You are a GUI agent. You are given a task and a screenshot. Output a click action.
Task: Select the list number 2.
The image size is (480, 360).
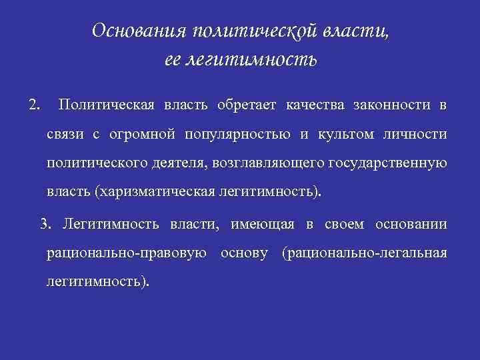34,105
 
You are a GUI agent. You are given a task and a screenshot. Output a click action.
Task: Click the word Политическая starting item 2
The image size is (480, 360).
107,105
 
